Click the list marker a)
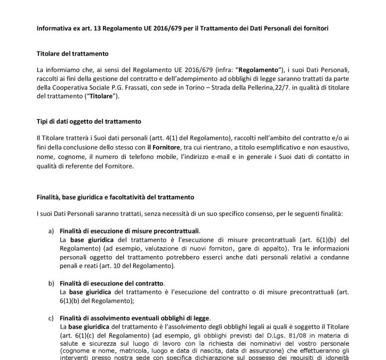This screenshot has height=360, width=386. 51,230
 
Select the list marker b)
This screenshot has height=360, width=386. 51,281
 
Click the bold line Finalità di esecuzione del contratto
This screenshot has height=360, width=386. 112,281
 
